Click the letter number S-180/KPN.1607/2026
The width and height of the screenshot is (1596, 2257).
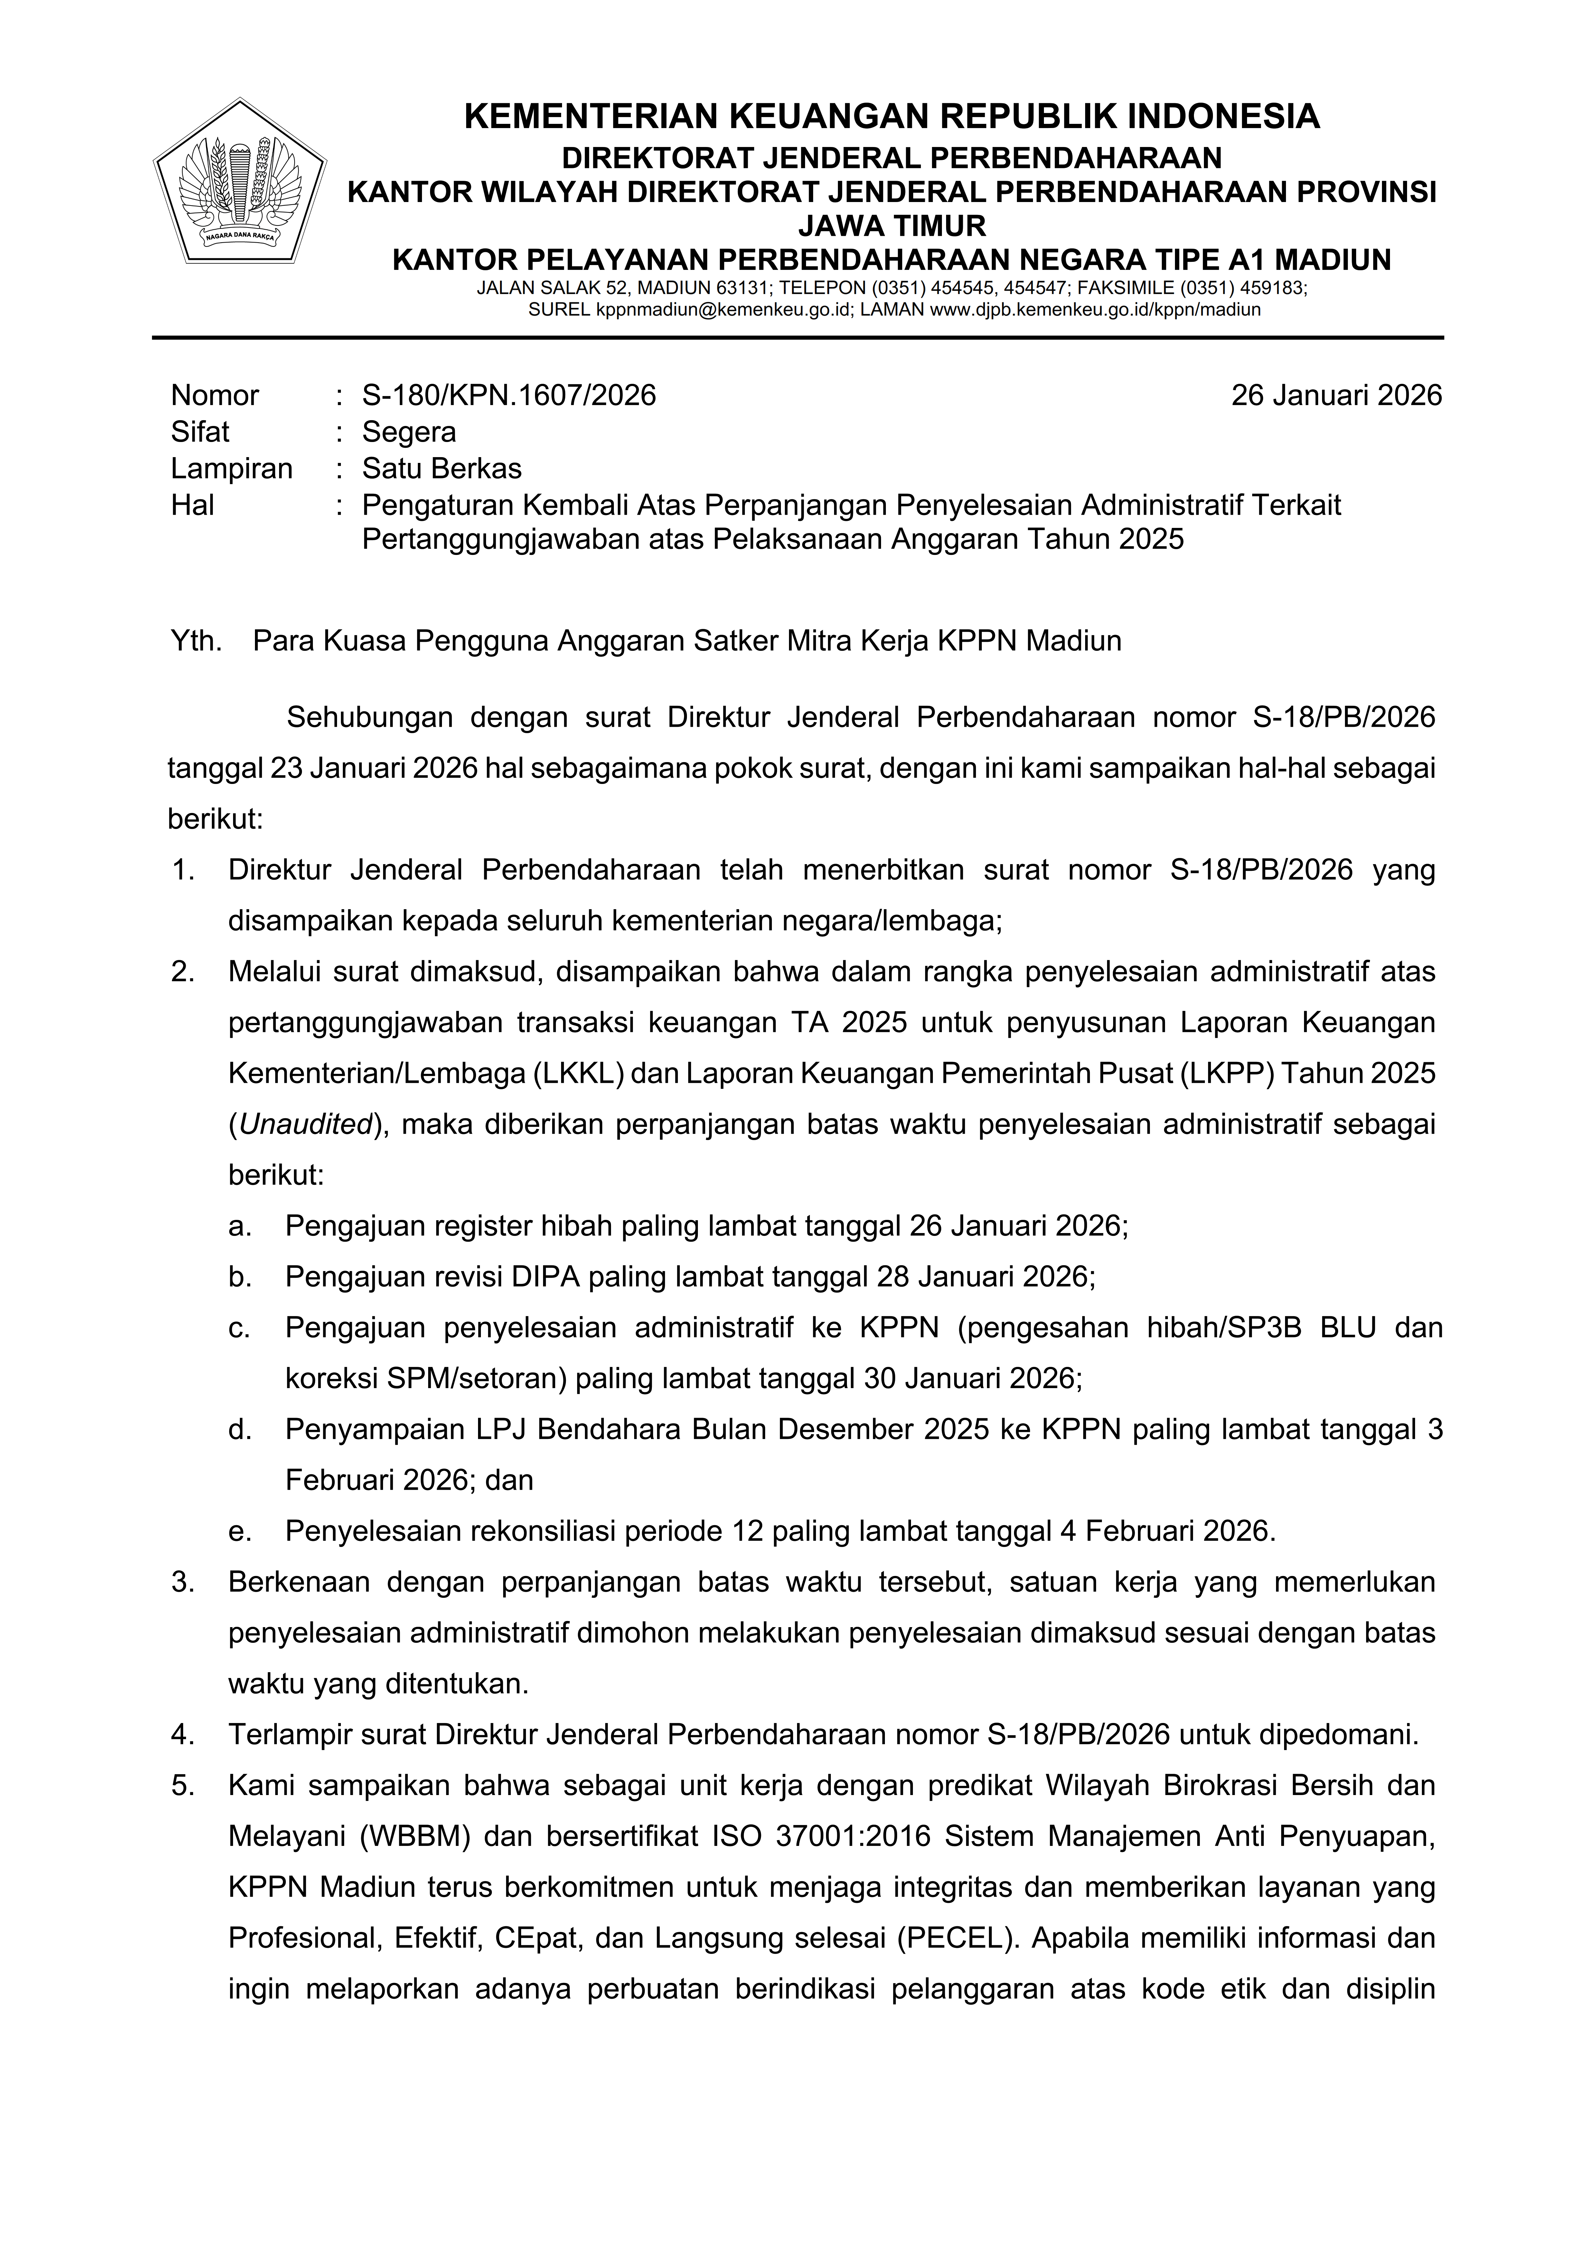(508, 395)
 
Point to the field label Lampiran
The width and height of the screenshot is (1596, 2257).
(231, 468)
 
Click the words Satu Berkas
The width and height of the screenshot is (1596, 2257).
(442, 468)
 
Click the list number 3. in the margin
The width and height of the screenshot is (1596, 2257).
(183, 1582)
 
